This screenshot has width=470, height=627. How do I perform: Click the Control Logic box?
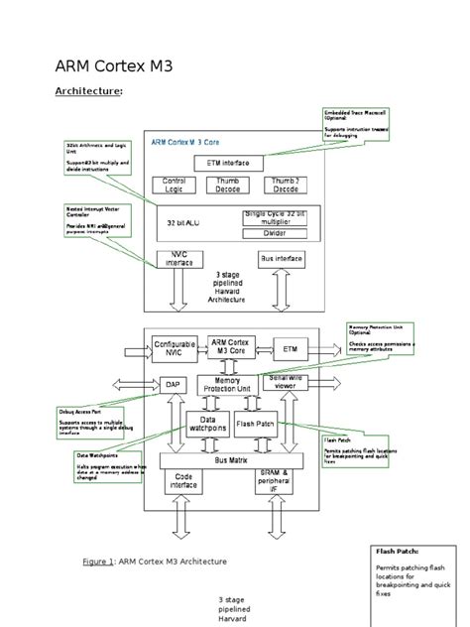point(174,186)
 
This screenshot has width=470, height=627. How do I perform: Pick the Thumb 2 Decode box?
point(285,186)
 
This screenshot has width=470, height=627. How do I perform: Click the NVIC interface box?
point(179,260)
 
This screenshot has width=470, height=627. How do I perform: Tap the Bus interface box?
point(280,259)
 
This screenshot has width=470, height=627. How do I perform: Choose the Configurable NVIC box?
point(175,348)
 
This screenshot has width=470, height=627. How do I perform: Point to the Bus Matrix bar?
point(232,460)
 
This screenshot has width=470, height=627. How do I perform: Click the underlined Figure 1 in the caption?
point(99,562)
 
